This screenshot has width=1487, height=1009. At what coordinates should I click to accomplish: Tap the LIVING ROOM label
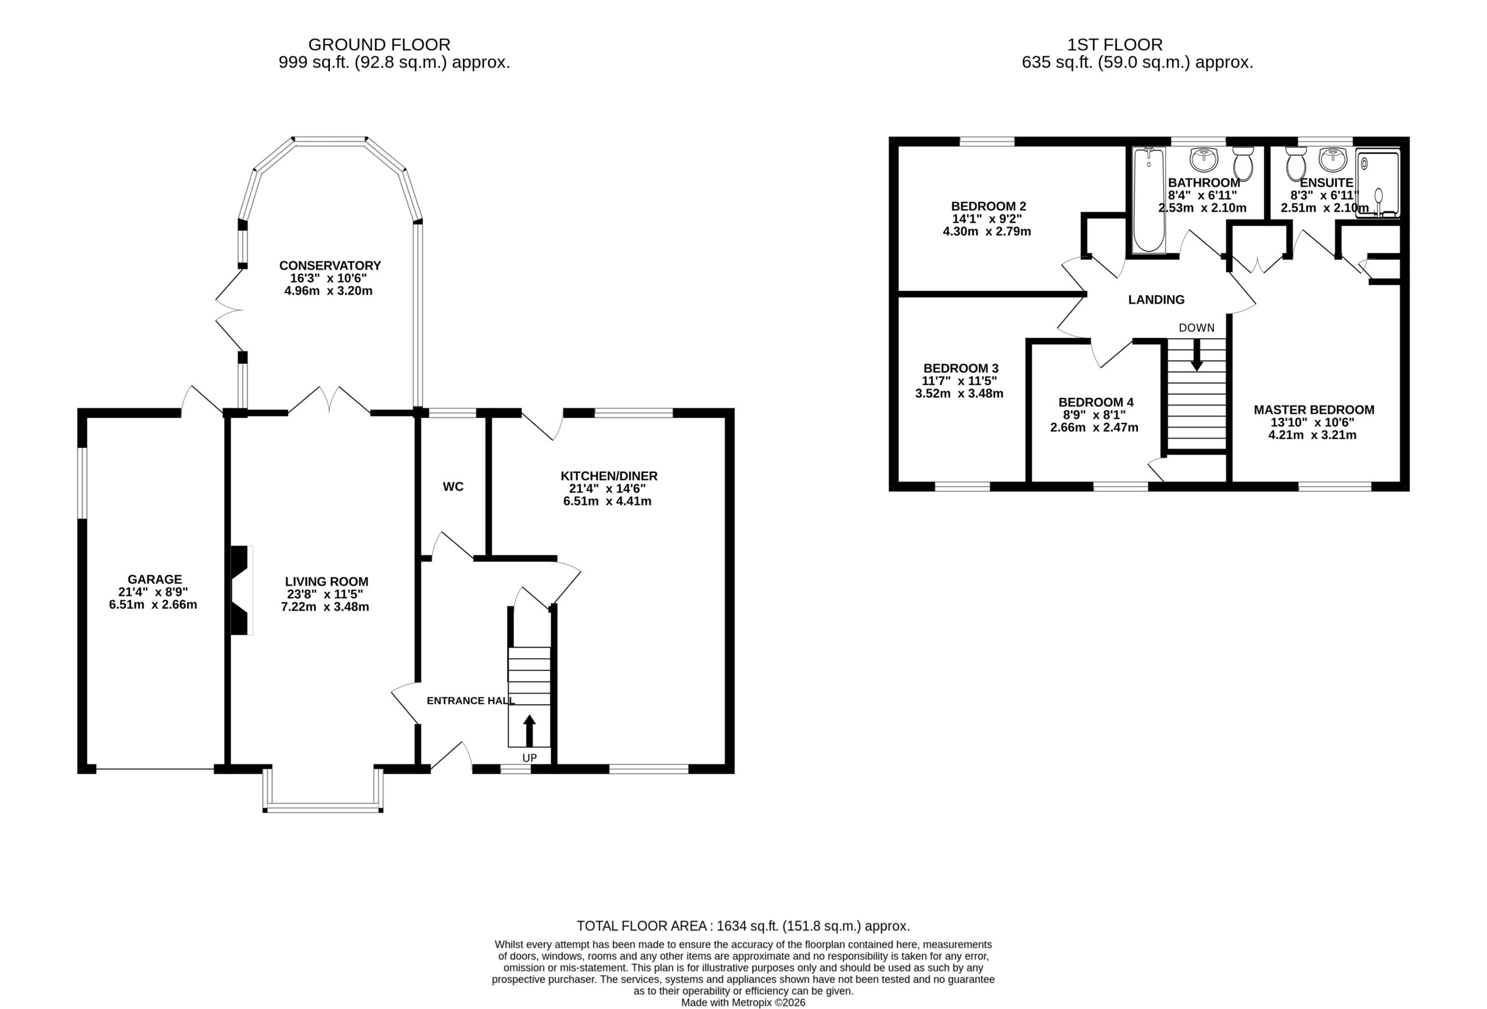pyautogui.click(x=326, y=581)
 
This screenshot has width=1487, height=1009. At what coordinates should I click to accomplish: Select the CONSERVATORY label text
pyautogui.click(x=329, y=265)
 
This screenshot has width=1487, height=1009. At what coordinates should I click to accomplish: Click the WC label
pyautogui.click(x=453, y=487)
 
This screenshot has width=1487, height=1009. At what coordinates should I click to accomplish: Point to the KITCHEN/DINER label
pyautogui.click(x=609, y=476)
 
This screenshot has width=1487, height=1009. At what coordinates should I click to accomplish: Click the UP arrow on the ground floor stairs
pyautogui.click(x=529, y=731)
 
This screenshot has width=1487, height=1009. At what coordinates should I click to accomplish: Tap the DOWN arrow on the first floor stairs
pyautogui.click(x=1196, y=354)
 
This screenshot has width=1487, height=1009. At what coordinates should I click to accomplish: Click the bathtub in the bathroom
pyautogui.click(x=1149, y=200)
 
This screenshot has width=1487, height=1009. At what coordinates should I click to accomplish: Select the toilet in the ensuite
pyautogui.click(x=1296, y=163)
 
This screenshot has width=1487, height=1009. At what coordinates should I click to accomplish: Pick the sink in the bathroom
pyautogui.click(x=1204, y=160)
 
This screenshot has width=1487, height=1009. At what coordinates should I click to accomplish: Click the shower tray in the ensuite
pyautogui.click(x=1378, y=184)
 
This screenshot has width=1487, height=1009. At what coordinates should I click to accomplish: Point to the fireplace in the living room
pyautogui.click(x=241, y=590)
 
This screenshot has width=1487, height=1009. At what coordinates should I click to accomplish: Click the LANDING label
pyautogui.click(x=1155, y=299)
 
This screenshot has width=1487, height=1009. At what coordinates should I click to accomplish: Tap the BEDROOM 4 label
pyautogui.click(x=1096, y=403)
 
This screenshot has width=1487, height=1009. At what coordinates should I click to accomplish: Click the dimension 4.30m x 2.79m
pyautogui.click(x=987, y=232)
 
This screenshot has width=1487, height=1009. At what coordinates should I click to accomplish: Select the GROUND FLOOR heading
pyautogui.click(x=379, y=45)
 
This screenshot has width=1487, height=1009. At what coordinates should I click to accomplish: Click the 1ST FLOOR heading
pyautogui.click(x=1115, y=45)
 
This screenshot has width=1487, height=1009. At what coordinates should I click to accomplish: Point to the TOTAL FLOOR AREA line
pyautogui.click(x=743, y=926)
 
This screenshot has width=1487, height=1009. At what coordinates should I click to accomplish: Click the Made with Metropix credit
pyautogui.click(x=743, y=1003)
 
